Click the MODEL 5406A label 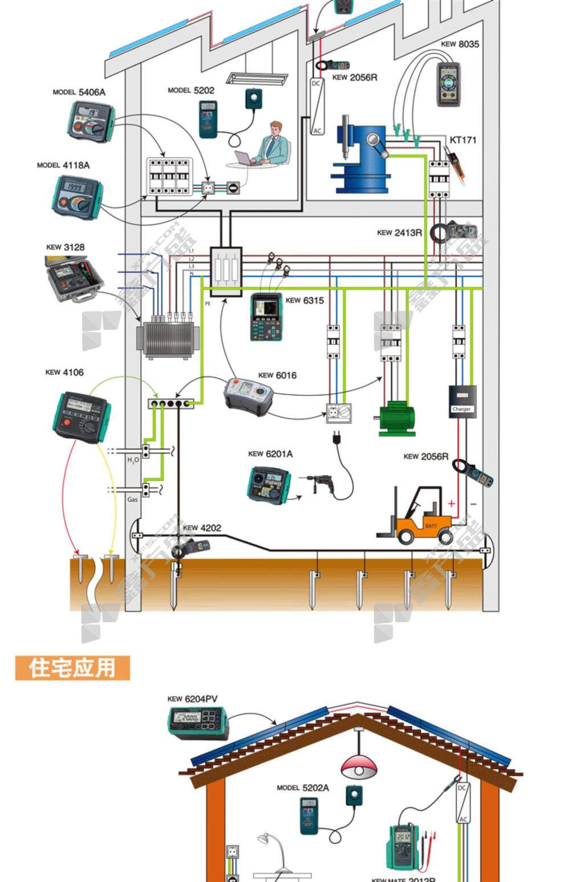[x=79, y=92]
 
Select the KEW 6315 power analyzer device [x=266, y=317]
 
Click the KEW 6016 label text [x=278, y=375]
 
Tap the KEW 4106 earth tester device [x=82, y=416]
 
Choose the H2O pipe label [x=133, y=459]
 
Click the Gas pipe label [x=132, y=500]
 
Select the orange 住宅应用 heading [x=72, y=667]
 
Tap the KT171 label [x=462, y=140]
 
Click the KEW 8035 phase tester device [x=449, y=84]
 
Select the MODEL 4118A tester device [x=78, y=197]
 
